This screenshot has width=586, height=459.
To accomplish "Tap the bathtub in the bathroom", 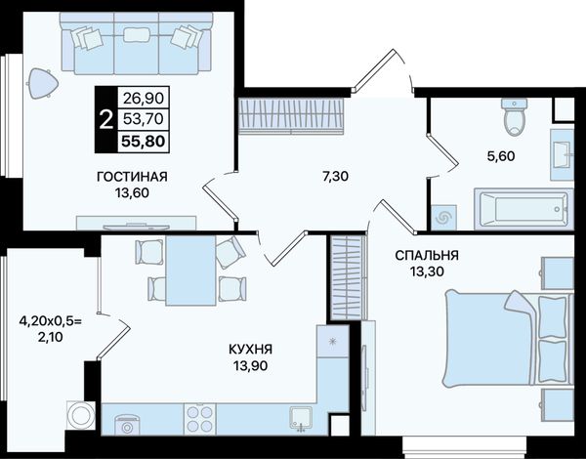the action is tap(523, 209).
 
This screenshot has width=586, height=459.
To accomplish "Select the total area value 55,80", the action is tap(143, 142).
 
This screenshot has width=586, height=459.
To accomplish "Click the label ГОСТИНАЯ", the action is tap(132, 177).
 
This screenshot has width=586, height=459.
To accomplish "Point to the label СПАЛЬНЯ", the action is tap(427, 255).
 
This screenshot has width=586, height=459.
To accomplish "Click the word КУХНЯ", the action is tap(250, 349).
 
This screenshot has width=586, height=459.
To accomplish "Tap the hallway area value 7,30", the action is tap(335, 176).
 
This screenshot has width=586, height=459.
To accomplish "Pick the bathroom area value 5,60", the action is tap(501, 156).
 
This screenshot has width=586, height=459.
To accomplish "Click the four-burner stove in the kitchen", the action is tap(200, 419).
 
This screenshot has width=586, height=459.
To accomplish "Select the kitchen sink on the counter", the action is tap(301, 418).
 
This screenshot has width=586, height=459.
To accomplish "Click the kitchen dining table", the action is tap(191, 271).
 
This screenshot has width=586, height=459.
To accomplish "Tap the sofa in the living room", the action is tap(137, 43).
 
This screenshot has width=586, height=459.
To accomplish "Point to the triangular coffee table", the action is tap(43, 83).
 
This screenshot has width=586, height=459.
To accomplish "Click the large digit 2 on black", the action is tap(106, 119).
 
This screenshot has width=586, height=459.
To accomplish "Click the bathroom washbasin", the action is tap(563, 154).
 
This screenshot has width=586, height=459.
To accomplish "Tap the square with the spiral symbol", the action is tap(444, 217).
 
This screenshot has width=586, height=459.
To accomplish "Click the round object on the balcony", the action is tap(81, 414).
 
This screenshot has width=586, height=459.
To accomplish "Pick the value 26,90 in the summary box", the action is tap(144, 99).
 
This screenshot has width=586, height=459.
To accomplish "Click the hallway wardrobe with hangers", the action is tap(291, 115).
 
